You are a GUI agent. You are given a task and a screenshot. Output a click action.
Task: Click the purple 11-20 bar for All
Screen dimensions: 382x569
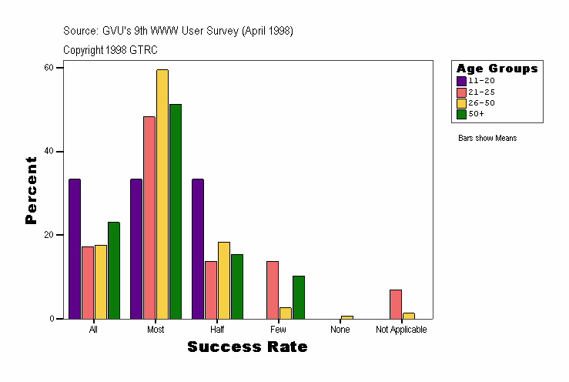pos(75,249)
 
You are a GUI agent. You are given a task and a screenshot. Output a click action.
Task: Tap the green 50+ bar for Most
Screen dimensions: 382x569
pos(176,211)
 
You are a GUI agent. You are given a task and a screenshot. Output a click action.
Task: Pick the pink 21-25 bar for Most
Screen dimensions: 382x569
pos(149,217)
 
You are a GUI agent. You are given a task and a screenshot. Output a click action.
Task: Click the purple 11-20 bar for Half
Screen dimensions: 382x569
pos(198,249)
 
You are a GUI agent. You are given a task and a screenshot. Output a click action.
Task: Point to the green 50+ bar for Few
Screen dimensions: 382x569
pos(299,297)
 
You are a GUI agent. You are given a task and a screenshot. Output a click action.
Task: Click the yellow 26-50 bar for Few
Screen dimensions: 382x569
pos(286,313)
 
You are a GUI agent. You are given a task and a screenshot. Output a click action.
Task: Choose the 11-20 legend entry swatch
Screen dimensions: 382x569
pos(461,81)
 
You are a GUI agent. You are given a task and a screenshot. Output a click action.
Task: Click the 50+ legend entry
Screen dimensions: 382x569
pos(476,114)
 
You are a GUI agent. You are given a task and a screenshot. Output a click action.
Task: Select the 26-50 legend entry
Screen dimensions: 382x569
pos(476,102)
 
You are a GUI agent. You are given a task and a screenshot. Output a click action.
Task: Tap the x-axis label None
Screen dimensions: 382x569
pos(340,330)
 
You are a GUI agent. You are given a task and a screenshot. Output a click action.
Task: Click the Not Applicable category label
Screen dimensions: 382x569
pos(401,330)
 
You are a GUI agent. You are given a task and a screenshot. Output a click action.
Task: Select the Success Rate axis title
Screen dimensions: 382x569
pos(247,347)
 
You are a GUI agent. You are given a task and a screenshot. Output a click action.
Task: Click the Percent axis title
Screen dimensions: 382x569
pos(31,190)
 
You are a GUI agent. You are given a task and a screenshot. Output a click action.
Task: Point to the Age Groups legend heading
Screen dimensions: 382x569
pos(497,69)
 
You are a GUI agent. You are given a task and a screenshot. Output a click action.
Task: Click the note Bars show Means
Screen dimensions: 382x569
pos(487,139)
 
